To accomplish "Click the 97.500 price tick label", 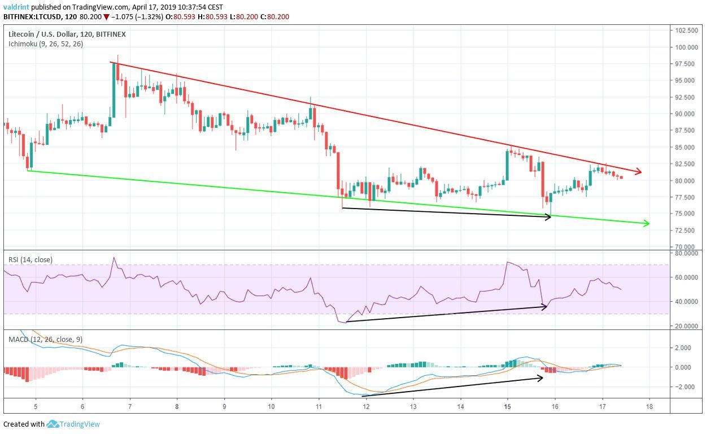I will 685,64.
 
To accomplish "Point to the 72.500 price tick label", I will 685,231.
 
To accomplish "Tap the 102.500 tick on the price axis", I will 686,31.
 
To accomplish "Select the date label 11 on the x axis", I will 319,406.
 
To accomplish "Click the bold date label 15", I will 507,406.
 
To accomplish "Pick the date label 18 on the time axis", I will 650,406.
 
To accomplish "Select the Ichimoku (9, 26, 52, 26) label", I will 46,44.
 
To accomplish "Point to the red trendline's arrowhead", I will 639,171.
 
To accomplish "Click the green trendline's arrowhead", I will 646,223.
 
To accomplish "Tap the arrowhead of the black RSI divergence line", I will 544,306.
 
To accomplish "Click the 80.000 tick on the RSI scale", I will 685,253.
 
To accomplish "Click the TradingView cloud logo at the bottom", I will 53,424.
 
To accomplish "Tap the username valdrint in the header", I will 17,7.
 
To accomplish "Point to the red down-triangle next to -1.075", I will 106,17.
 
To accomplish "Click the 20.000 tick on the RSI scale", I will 685,327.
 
